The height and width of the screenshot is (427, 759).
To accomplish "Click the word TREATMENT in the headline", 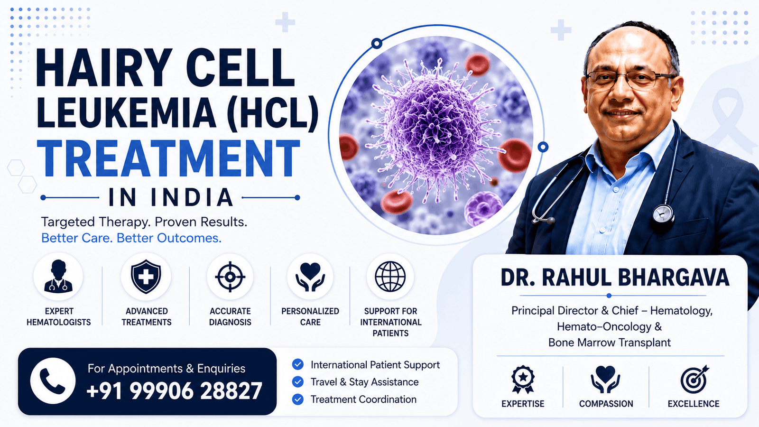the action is (168, 158).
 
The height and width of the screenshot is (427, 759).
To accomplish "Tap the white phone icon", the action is (53, 381).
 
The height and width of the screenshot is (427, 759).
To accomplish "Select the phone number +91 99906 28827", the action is (174, 391).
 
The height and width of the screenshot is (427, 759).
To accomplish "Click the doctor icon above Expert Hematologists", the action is (58, 276).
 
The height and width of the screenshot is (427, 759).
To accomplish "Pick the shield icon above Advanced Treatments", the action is (146, 277).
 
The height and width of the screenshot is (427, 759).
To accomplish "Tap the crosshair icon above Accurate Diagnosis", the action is (230, 277).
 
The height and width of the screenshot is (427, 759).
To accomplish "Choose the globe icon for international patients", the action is (390, 277).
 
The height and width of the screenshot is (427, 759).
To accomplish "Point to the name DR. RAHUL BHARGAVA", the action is (615, 278).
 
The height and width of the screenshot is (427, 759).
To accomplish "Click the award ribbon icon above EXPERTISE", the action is (523, 379).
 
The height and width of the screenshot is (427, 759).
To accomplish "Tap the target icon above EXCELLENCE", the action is (694, 379).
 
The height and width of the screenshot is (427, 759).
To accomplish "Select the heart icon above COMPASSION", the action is (605, 379).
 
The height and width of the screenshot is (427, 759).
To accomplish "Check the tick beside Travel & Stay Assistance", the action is (297, 382).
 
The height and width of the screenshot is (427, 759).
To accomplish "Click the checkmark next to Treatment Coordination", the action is (297, 399).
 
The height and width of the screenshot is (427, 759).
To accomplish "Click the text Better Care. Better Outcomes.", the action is (131, 238).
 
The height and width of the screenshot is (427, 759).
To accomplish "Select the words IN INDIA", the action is (171, 197).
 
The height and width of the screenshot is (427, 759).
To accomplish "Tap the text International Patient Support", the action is (375, 365).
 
